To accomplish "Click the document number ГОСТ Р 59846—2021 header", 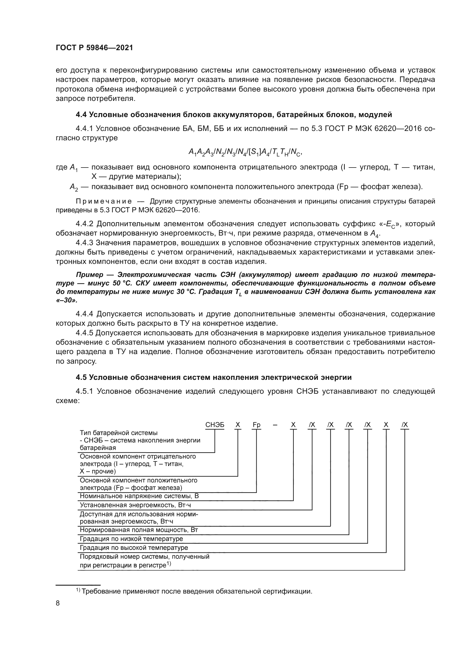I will tap(94, 48).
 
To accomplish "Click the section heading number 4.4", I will tap(81, 115).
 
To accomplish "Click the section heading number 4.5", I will tap(81, 377).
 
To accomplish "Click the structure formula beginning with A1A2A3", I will tap(245, 152).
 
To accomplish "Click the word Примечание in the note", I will tap(104, 201).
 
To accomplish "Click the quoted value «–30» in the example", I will tap(67, 300).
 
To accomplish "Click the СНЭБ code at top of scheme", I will tap(215, 425).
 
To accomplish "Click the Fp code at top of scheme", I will tap(256, 425).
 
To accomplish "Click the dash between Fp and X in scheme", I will tap(275, 425).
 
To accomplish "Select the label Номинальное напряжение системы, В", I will tap(139, 496).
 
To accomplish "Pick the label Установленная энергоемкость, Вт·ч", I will tap(135, 505).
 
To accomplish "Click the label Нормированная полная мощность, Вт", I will tap(139, 530).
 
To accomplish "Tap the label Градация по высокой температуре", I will tap(134, 548).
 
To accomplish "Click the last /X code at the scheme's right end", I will tap(405, 425).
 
